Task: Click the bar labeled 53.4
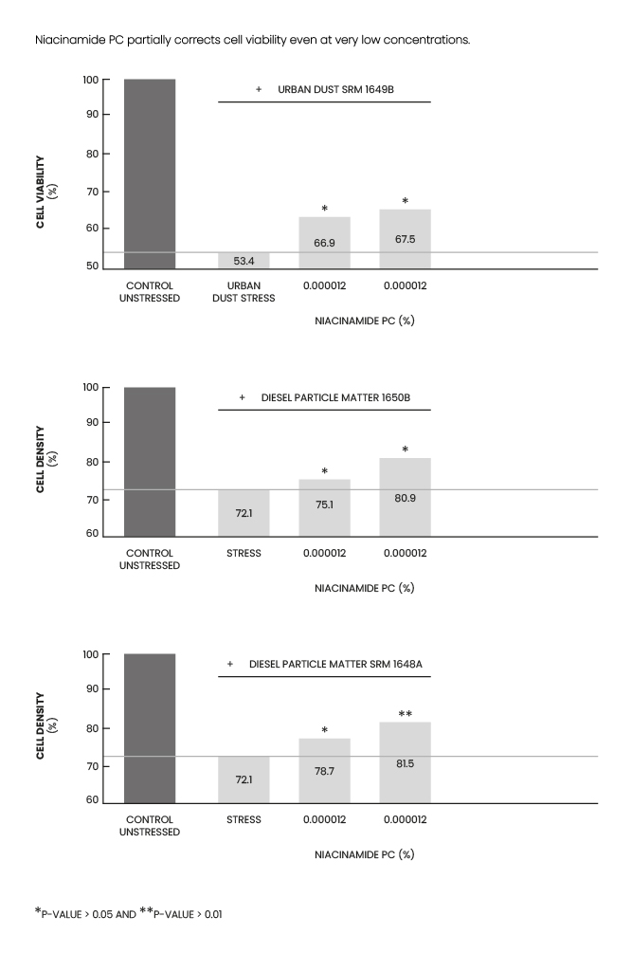point(244,261)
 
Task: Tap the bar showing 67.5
point(405,239)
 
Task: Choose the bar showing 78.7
point(324,770)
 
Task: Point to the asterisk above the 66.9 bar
point(324,210)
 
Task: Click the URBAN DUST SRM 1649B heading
point(335,89)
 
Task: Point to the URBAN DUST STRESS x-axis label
point(244,291)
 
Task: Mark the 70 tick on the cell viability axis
point(92,192)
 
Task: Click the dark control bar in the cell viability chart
point(150,174)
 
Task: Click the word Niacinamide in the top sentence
point(67,41)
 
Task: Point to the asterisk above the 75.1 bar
point(324,472)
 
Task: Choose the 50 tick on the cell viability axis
point(92,266)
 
